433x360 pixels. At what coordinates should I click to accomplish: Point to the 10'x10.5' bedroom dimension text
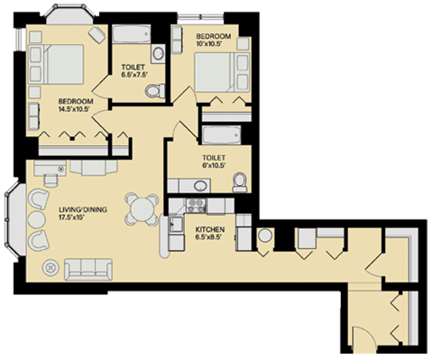tap(214, 46)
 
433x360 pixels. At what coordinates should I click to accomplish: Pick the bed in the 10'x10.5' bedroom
tap(228, 69)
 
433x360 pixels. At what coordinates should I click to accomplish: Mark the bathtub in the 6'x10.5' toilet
tap(220, 137)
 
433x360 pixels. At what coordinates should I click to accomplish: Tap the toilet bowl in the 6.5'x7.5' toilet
tap(154, 89)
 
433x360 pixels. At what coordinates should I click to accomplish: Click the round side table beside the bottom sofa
tap(50, 266)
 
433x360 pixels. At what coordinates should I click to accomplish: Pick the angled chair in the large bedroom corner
tap(97, 33)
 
